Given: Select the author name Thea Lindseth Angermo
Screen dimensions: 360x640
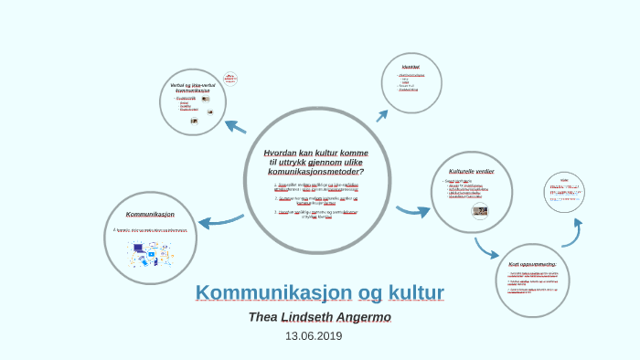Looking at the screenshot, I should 320,317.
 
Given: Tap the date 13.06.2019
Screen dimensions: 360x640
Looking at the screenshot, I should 314,336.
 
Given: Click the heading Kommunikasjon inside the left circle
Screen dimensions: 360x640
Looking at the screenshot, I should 150,214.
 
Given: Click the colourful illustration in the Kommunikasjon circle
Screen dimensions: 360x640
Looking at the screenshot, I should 147,253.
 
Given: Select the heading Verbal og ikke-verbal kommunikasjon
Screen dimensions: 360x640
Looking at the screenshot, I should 193,88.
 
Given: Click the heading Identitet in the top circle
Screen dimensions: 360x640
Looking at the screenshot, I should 411,67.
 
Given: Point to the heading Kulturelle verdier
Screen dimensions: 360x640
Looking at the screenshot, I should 472,171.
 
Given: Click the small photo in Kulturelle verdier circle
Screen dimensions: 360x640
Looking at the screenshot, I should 479,211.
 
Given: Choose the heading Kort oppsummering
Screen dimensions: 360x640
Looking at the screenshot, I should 532,264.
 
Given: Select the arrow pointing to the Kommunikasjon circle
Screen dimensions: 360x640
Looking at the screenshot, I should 219,221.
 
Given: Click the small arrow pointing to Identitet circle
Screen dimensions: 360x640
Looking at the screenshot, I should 382,115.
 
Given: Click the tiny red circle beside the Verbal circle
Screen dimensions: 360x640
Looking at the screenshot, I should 230,79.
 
